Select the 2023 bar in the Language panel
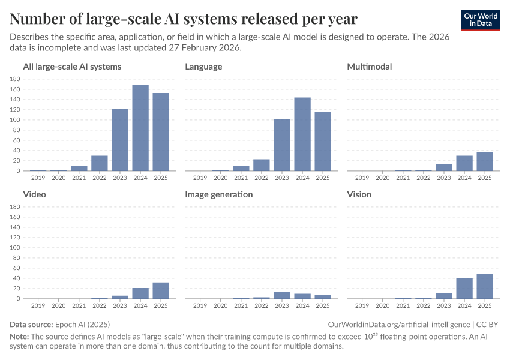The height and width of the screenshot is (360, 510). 282,145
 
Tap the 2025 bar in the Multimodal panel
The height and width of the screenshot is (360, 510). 485,161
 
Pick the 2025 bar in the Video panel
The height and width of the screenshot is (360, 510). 161,290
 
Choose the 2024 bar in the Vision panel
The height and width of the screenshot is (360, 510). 464,288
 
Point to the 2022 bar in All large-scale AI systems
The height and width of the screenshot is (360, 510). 100,163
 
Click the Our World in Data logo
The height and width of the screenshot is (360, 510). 481,20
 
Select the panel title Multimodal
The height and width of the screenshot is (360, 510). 370,67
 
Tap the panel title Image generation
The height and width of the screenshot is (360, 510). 218,194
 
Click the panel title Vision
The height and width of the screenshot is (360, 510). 359,194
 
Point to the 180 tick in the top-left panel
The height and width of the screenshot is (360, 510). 16,79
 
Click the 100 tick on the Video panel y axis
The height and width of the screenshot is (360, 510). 16,248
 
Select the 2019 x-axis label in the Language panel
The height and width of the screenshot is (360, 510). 200,178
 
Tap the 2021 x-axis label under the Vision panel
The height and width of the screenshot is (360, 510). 403,305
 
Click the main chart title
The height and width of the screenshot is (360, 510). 184,19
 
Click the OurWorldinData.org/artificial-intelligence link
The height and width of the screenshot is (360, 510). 396,324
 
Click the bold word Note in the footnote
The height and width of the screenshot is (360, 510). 19,336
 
